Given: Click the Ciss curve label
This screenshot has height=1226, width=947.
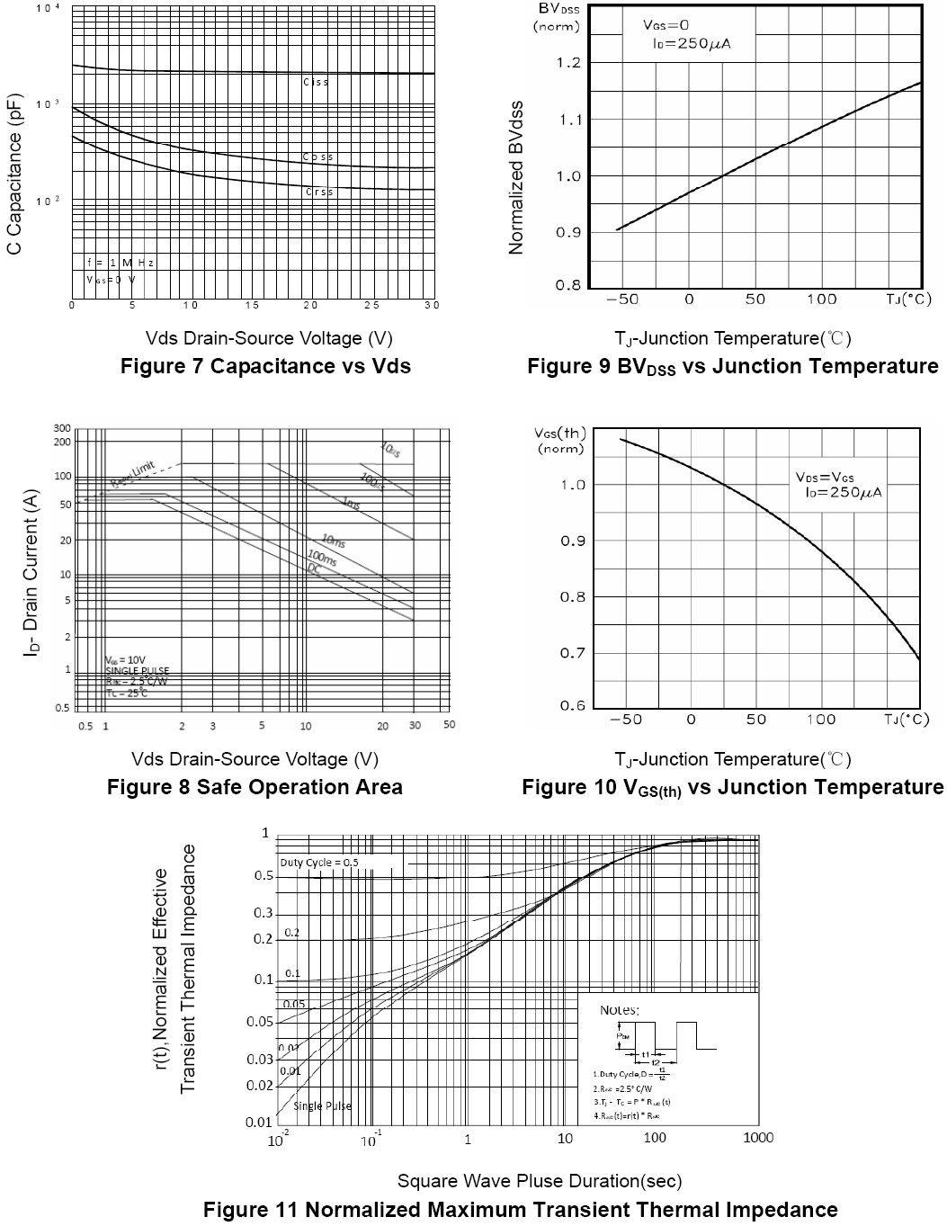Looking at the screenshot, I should tap(316, 82).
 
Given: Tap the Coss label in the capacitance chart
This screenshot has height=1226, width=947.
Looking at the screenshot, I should tap(317, 157).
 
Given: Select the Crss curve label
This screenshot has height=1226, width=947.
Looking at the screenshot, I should tap(319, 192).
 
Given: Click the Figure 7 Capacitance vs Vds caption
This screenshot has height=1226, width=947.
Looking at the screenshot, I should tap(265, 366).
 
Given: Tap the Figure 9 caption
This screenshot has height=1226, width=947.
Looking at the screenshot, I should tap(732, 366).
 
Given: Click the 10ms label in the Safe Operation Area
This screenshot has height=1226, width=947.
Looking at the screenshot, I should tap(333, 540).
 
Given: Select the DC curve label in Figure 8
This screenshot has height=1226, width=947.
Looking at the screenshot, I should tap(315, 568).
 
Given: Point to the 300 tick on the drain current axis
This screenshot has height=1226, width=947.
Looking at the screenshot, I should tap(62, 428).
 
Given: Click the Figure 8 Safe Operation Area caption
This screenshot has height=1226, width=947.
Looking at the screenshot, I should tap(255, 787).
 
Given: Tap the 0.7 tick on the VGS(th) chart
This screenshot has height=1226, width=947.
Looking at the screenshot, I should tap(573, 652).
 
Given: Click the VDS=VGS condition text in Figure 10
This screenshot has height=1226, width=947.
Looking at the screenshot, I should tap(825, 477).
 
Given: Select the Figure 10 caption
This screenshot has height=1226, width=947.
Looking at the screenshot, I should tap(732, 788).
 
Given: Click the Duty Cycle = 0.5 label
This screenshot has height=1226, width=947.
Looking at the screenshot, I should tap(319, 862).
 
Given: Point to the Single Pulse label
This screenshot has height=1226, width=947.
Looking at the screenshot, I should tap(322, 1105).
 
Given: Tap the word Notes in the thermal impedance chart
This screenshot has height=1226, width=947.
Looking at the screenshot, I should tap(619, 1010).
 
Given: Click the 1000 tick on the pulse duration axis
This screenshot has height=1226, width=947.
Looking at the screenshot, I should tap(758, 1138).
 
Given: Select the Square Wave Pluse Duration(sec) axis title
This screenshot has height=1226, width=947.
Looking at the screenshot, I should tap(540, 1180).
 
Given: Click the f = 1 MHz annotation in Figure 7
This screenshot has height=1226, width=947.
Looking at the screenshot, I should tap(121, 263).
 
